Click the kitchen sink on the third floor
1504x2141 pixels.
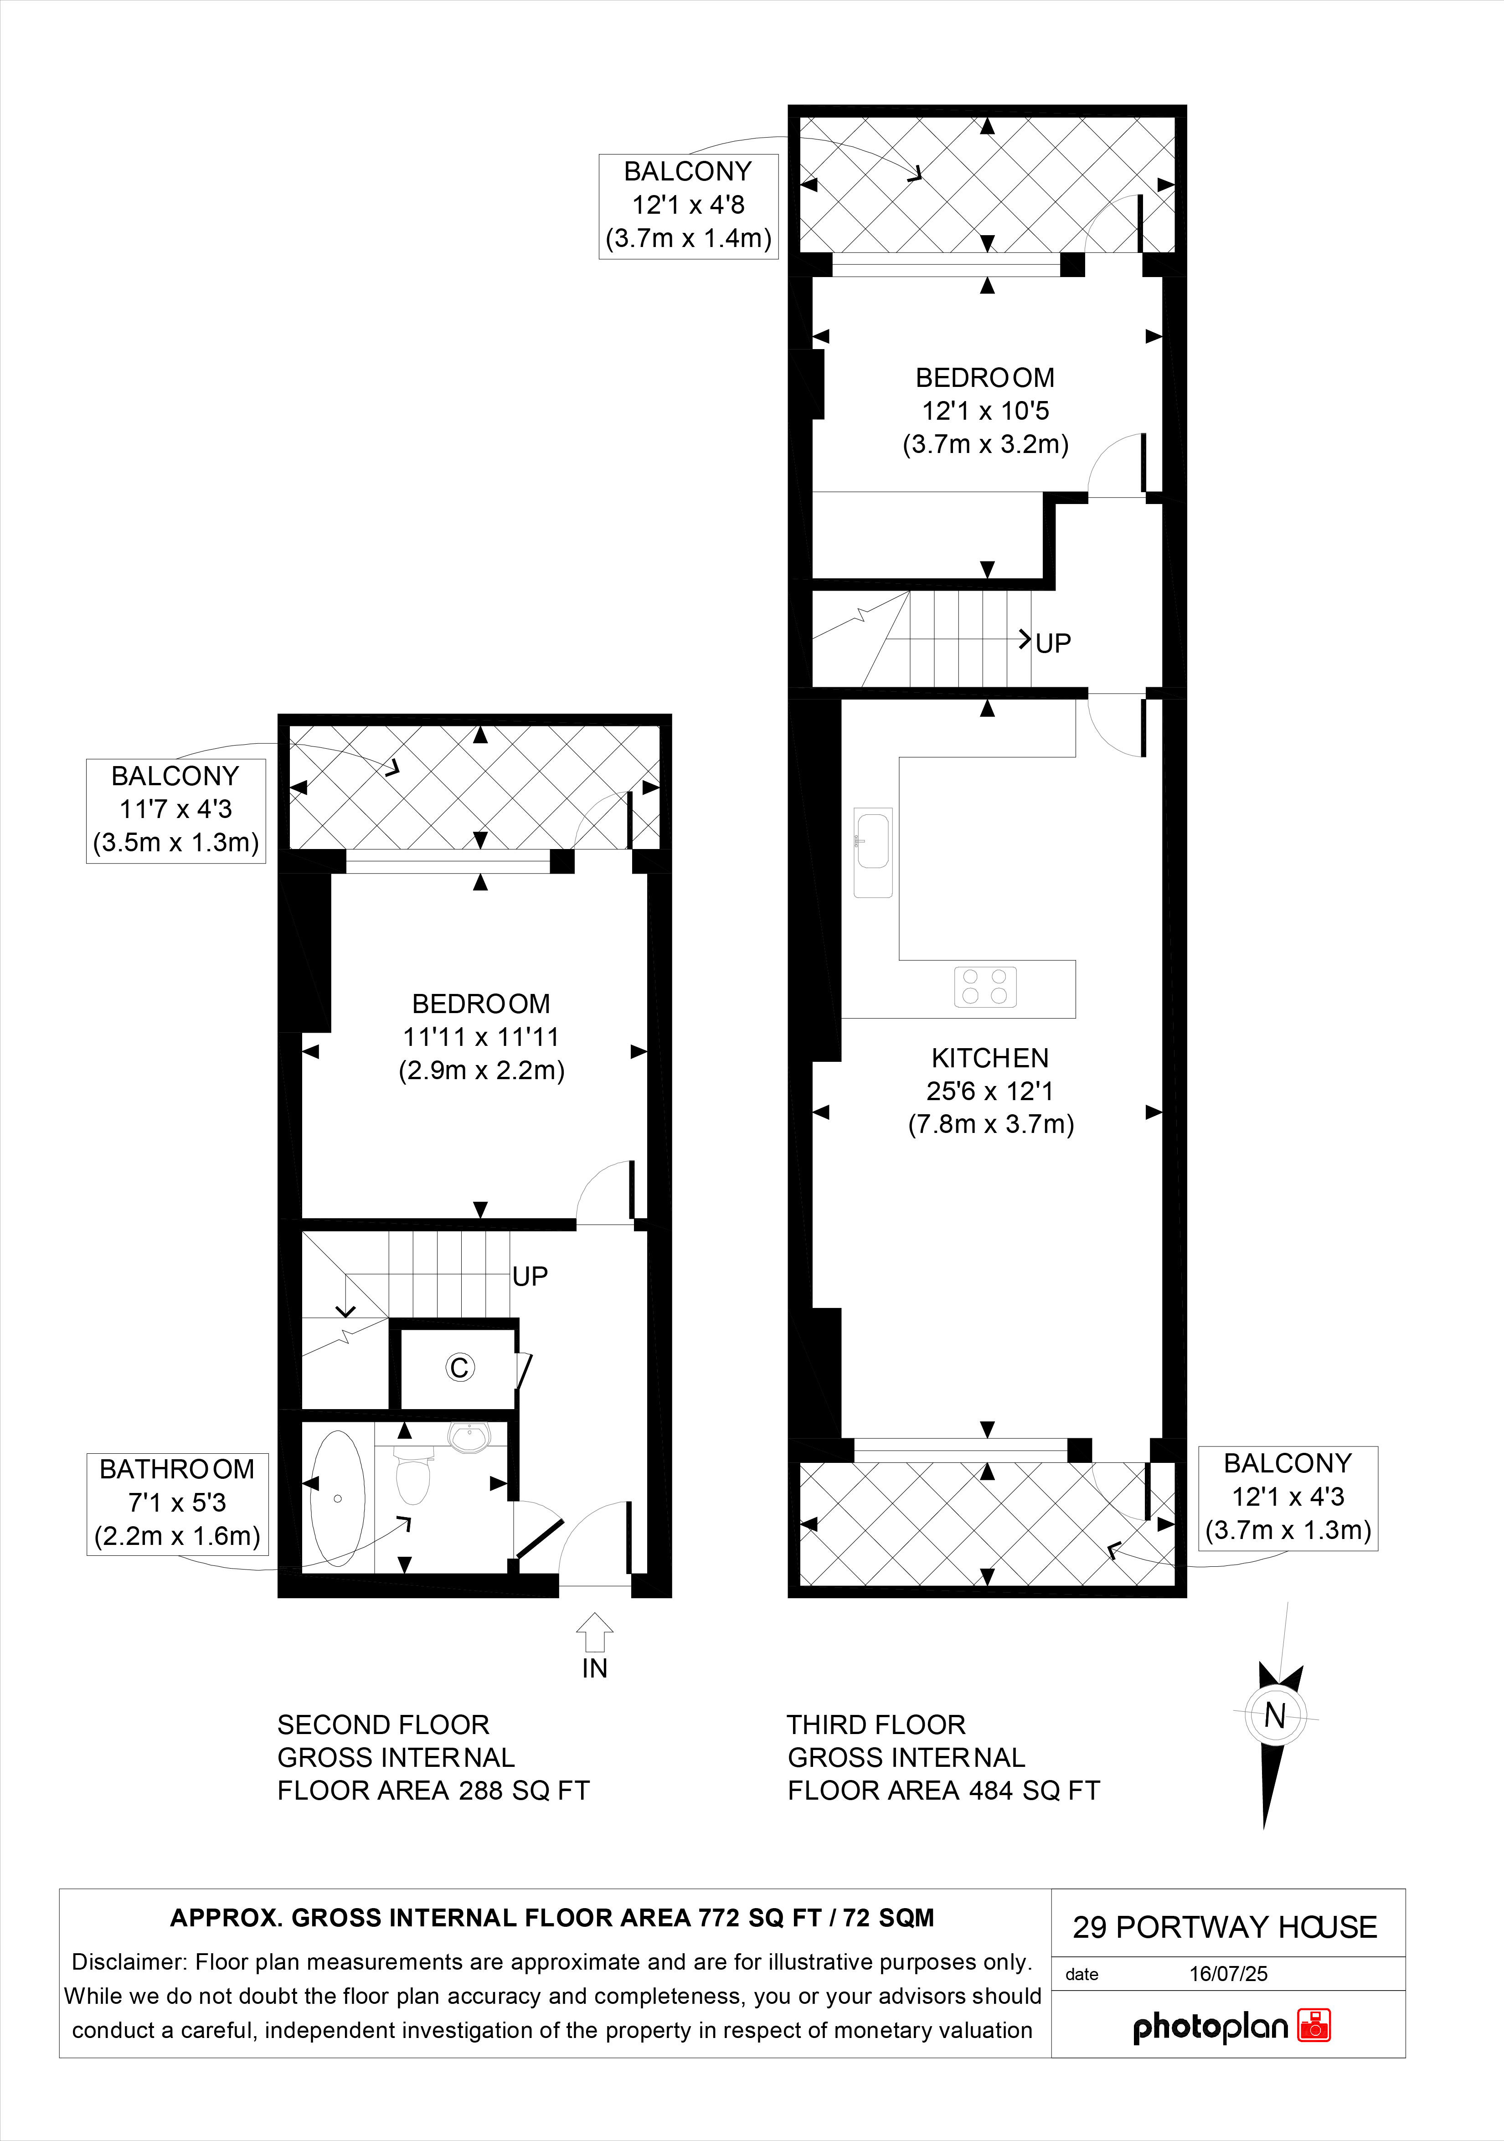click(x=873, y=852)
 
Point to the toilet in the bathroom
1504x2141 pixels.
click(x=413, y=1473)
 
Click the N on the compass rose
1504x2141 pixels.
click(x=1275, y=1714)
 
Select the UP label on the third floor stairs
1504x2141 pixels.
click(x=1053, y=643)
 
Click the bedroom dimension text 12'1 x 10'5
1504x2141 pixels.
click(x=985, y=410)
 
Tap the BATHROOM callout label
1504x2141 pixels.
click(x=177, y=1469)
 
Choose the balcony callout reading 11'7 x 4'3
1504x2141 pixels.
click(x=175, y=809)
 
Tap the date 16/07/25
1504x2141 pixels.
click(x=1228, y=1973)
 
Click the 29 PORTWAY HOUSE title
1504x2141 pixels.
click(x=1224, y=1926)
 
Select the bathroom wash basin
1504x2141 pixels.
click(x=468, y=1437)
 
